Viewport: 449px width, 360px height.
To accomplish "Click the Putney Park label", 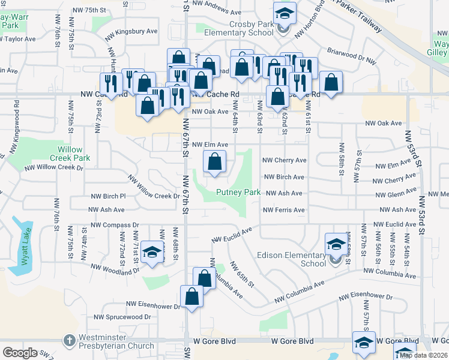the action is pos(238,193).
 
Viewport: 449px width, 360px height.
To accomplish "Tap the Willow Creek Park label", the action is pos(74,154).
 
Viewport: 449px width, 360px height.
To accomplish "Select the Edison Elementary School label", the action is pos(295,260).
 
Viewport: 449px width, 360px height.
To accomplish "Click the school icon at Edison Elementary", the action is pos(336,244).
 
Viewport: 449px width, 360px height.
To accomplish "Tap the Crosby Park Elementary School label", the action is pos(239,28).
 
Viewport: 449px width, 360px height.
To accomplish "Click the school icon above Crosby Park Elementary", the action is pos(285,13).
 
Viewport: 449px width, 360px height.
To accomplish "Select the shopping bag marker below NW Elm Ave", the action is pos(214,161).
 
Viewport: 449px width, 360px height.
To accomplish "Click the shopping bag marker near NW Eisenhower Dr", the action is pos(191,296).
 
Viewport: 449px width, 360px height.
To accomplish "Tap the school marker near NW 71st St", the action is pos(152,253).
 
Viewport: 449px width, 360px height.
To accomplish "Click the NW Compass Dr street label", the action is pos(115,225).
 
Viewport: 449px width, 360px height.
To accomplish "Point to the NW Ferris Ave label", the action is pos(284,210).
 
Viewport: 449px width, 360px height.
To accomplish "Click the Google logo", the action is pos(20,353).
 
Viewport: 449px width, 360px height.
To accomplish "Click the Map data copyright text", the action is pos(423,355).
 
